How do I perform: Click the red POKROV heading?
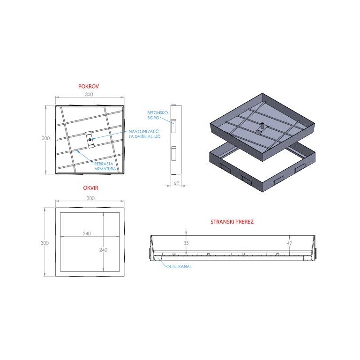pos(89,86)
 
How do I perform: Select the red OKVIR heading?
pos(90,188)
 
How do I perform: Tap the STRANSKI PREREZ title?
pos(232,222)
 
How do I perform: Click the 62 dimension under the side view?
pos(176,183)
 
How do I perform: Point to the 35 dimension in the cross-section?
pos(186,243)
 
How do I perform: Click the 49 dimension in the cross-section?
pos(289,243)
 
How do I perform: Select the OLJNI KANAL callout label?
pos(179,267)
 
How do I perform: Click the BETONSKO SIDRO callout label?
pos(157,115)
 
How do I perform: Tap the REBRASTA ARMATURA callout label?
pos(105,166)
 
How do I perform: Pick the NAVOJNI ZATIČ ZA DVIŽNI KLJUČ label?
pos(144,134)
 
